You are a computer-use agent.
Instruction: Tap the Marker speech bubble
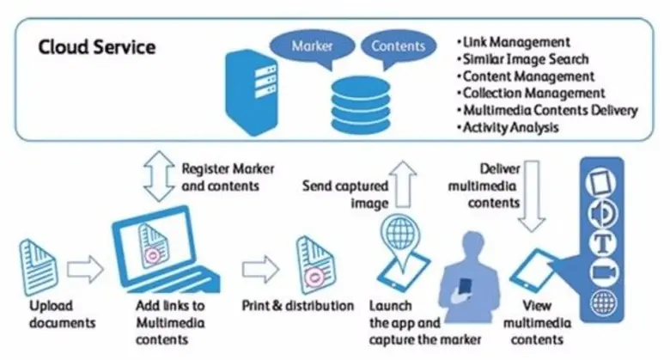click(311, 45)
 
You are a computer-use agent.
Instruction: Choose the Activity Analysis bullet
click(513, 127)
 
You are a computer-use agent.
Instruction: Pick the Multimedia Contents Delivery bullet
click(550, 110)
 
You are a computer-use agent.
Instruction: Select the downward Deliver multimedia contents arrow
click(533, 198)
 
